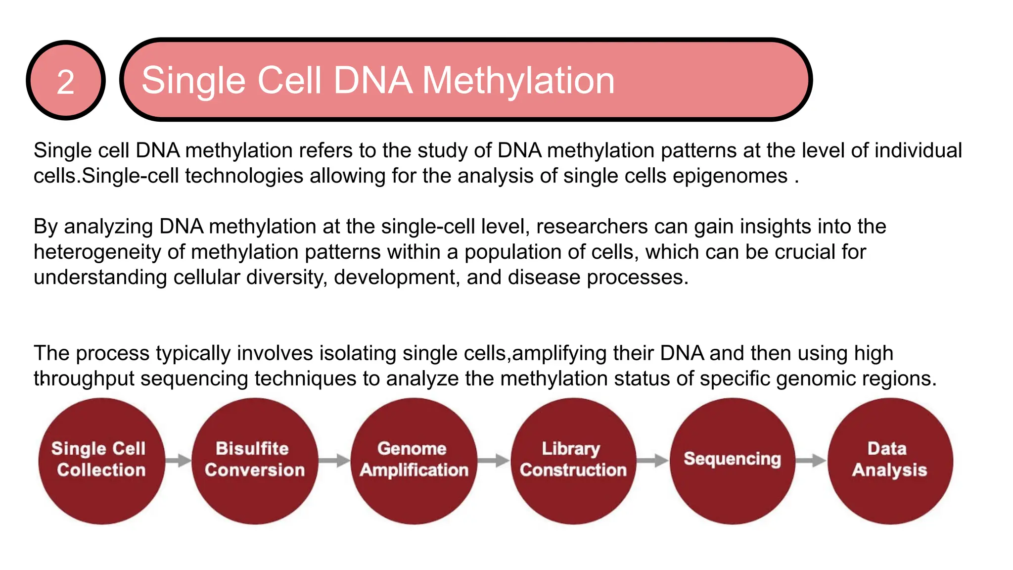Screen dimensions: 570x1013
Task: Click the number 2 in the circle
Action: click(65, 82)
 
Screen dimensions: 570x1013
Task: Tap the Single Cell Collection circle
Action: click(101, 461)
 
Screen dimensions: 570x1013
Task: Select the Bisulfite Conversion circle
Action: click(254, 461)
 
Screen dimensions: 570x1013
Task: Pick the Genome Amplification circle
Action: click(414, 461)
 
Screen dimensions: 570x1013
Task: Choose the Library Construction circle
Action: click(573, 461)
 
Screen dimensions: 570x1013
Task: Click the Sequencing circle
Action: click(732, 461)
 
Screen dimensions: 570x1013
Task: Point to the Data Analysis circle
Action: click(889, 461)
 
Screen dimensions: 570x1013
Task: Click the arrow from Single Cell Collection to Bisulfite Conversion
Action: click(178, 460)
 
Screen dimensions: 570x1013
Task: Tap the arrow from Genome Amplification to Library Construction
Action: click(494, 460)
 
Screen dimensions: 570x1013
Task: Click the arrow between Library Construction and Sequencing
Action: click(652, 460)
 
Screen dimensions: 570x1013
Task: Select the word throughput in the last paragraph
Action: click(84, 379)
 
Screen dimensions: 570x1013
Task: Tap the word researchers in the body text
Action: click(592, 227)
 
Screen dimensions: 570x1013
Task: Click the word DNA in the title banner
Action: click(373, 81)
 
